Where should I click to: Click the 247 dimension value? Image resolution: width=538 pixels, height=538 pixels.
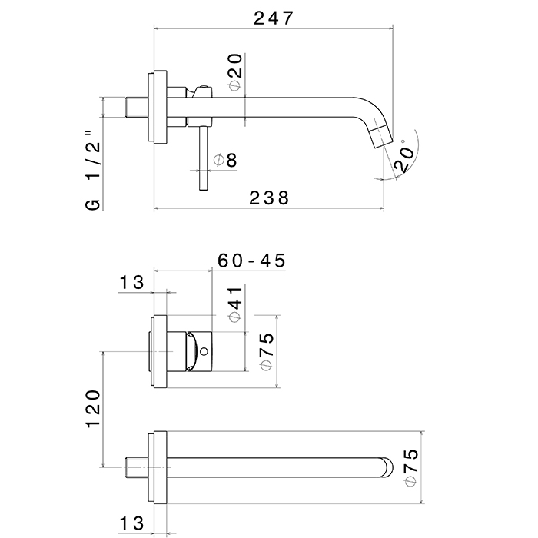(x=274, y=18)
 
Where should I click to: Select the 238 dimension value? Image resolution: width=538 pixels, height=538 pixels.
(x=268, y=198)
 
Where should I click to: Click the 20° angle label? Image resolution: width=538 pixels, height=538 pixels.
(x=404, y=158)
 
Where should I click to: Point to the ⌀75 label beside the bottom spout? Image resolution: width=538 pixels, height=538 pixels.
(x=411, y=467)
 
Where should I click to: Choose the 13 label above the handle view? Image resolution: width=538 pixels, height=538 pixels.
(x=131, y=282)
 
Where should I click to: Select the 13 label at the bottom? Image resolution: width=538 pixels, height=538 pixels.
(x=131, y=524)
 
